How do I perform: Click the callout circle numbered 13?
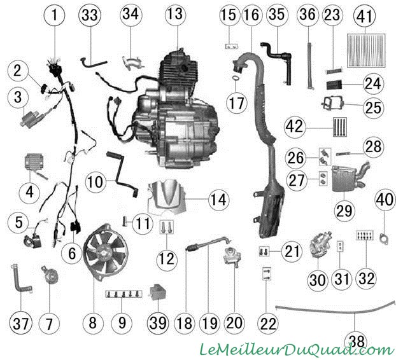[176, 15]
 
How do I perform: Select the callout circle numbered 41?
[365, 16]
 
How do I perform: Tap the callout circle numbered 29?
[344, 210]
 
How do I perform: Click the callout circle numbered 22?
[267, 323]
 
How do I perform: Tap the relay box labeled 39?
[159, 293]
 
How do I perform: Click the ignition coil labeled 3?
[32, 118]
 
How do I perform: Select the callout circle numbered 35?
[277, 15]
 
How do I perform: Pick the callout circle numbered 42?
[295, 126]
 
